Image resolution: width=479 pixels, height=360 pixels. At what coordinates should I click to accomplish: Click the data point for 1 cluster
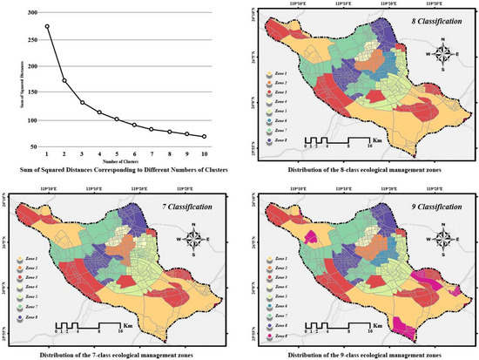click(47, 26)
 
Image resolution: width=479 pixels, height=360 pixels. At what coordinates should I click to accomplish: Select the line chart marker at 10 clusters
click(204, 137)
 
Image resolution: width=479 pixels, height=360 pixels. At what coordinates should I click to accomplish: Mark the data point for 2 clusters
click(64, 81)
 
